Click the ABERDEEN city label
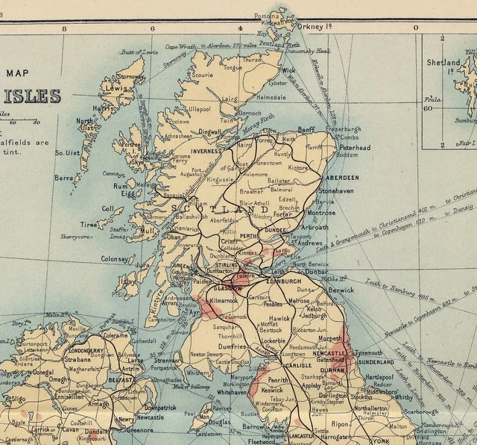click(x=341, y=178)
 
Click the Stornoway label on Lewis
click(x=131, y=76)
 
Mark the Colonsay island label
click(x=116, y=259)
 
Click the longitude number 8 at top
click(x=66, y=28)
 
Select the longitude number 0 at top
click(x=416, y=28)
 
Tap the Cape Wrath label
click(x=180, y=46)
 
